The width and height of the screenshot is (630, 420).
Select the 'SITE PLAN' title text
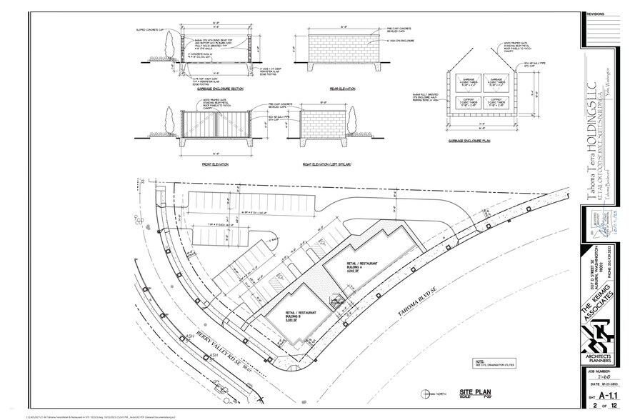click(x=474, y=392)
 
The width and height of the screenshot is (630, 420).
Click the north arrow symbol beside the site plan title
click(x=426, y=392)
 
